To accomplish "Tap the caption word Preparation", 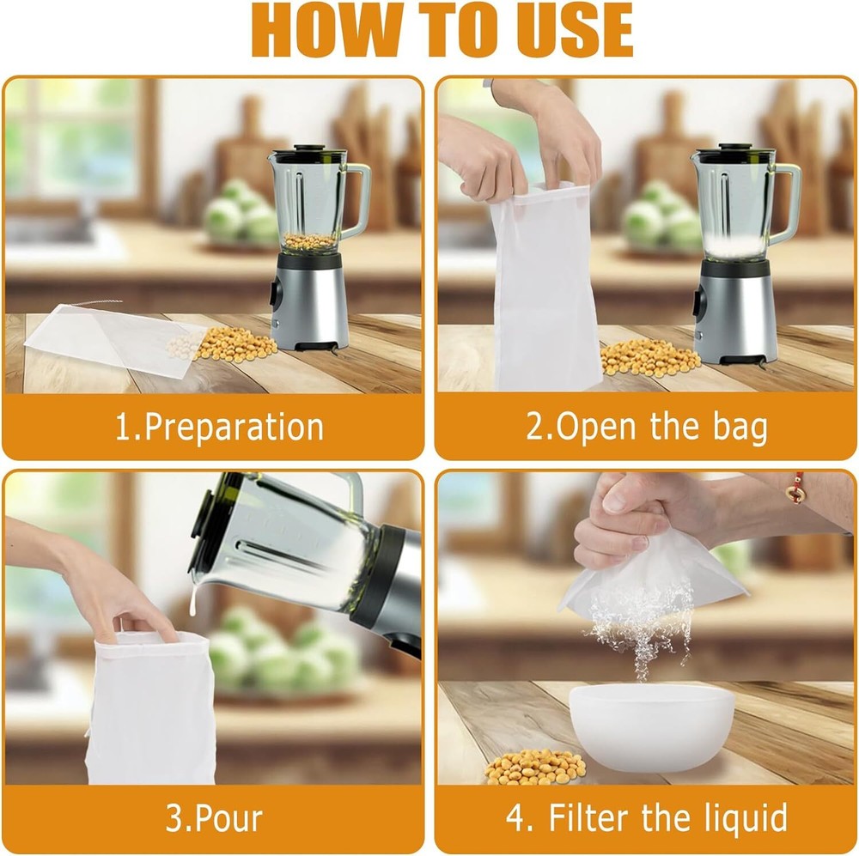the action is click(x=234, y=428).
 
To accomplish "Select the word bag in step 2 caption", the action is click(x=740, y=428).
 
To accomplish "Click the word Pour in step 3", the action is click(x=229, y=818).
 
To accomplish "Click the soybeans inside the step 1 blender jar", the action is click(x=308, y=241).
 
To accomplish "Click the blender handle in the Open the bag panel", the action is click(x=785, y=203).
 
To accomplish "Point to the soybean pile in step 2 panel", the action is click(x=649, y=357).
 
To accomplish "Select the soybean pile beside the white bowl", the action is click(x=534, y=767).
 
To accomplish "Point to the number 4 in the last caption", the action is click(x=516, y=818).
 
